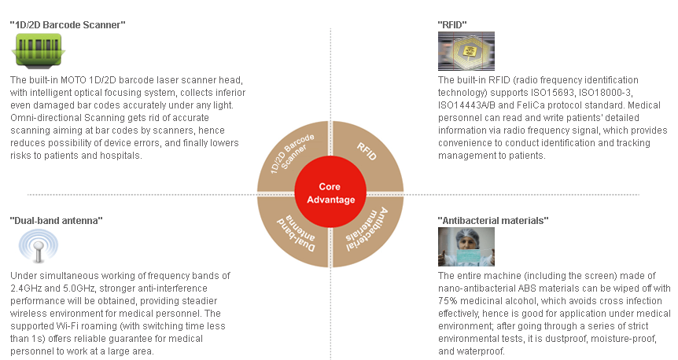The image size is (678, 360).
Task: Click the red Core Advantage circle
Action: tap(330, 193)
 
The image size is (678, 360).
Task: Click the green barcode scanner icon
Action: tap(38, 51)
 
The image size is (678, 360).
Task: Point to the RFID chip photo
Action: tap(466, 51)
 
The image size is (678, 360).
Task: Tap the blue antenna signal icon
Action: tap(38, 245)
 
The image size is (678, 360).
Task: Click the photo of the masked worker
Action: tap(466, 247)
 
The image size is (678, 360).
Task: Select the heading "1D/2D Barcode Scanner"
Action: tap(68, 25)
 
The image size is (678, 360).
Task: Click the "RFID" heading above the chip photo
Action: tap(452, 25)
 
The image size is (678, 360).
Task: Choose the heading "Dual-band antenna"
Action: tap(56, 221)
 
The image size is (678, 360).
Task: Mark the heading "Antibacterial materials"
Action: tap(493, 221)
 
